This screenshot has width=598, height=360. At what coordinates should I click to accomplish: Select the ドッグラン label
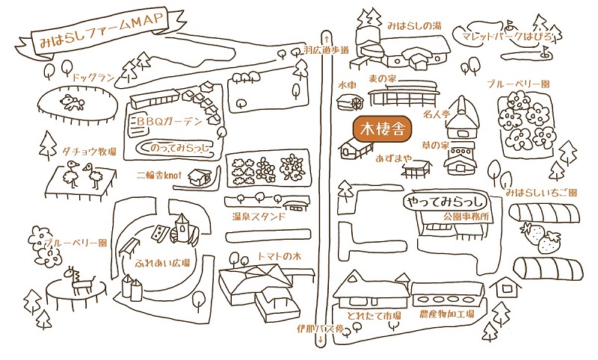coord(93,76)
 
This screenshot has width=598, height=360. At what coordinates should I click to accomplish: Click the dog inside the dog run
coord(71,102)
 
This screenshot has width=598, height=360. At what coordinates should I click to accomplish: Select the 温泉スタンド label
coord(258,217)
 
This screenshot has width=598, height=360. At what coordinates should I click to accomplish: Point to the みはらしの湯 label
coord(415,25)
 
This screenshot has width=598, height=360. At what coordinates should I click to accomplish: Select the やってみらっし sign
coord(446,202)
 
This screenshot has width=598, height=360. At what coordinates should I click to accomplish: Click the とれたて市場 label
coord(365,315)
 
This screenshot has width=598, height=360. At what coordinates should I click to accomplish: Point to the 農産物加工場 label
coord(447,315)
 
